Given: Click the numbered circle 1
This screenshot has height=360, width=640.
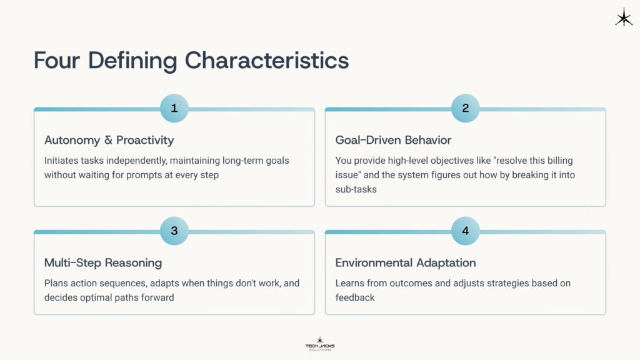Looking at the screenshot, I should tap(174, 108).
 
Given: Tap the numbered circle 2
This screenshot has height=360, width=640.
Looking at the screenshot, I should tap(466, 108).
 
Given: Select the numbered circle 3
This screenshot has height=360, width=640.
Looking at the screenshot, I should tap(174, 231).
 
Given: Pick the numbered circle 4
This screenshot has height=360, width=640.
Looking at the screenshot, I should tap(466, 231).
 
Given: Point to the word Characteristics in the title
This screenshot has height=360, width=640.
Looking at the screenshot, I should tap(267, 61).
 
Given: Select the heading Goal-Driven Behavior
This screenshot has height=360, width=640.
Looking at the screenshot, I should tap(393, 140).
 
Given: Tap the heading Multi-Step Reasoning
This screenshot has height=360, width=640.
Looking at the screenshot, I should tap(103, 262).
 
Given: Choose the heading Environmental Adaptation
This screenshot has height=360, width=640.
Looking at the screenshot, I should tap(406, 262).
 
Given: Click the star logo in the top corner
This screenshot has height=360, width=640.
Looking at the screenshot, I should tap(623, 17).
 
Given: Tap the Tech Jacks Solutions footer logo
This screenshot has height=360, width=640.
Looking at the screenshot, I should tap(319, 344).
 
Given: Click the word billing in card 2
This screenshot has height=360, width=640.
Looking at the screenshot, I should tap(558, 161).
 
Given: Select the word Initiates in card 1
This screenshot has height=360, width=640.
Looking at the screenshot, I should tap(62, 161).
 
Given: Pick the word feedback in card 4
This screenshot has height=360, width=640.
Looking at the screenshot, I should tap(355, 297).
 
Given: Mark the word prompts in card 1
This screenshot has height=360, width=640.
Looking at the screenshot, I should tap(149, 175).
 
